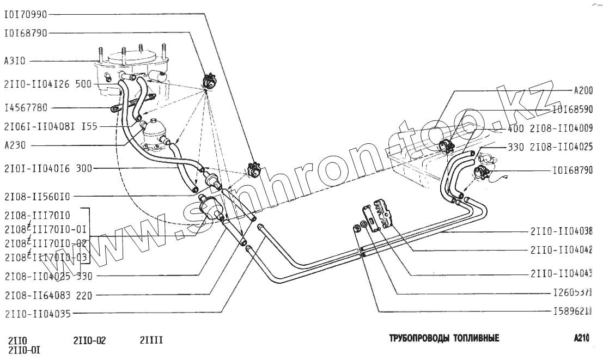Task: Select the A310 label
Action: pos(15,61)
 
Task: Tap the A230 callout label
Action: pos(15,145)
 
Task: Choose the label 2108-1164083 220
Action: pos(48,296)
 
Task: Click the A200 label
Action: pos(583,90)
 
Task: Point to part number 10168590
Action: pos(572,109)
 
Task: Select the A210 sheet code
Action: pos(581,338)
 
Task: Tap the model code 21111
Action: pos(151,341)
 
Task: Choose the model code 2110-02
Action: pos(89,341)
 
